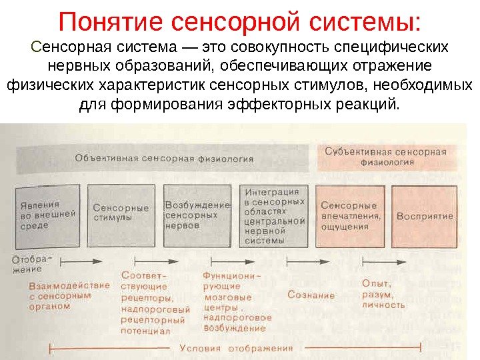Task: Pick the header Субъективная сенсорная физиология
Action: (385, 155)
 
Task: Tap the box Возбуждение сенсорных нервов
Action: (199, 215)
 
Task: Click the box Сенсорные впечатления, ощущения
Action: (351, 215)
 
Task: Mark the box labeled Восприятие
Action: (424, 215)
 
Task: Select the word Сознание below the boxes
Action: (311, 295)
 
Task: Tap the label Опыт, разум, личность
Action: (383, 294)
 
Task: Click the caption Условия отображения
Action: (236, 348)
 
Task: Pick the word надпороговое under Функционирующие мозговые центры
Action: (238, 318)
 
